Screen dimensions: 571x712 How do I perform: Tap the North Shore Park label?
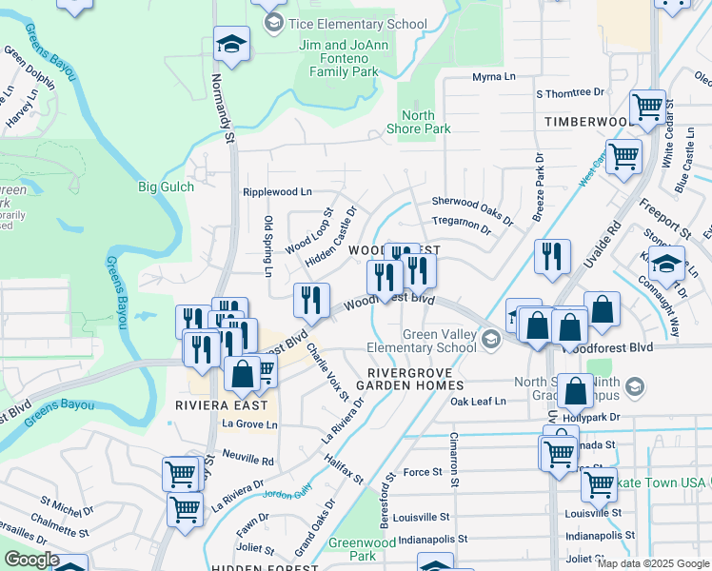(x=418, y=122)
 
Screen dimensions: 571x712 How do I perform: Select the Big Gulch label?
(x=166, y=187)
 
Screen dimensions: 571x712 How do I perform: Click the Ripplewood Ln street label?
(x=277, y=191)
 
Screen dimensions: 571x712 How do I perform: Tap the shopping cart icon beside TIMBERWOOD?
(x=648, y=107)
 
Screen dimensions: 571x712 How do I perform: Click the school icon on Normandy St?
(x=230, y=44)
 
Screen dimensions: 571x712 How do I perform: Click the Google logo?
(x=31, y=560)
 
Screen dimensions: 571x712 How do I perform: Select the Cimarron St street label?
(x=453, y=461)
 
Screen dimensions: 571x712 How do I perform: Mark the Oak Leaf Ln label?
(x=478, y=402)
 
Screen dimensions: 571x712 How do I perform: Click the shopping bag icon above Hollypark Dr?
(x=577, y=391)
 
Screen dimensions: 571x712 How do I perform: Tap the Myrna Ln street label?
(x=492, y=77)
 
